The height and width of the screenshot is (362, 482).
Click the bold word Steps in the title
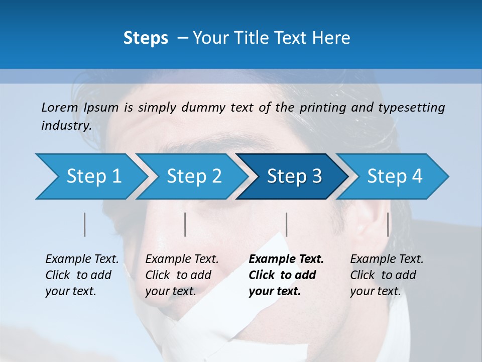(x=146, y=38)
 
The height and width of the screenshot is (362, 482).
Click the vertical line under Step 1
(x=85, y=224)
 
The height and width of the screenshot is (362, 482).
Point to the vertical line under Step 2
(x=185, y=224)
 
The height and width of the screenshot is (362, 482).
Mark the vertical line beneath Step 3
(x=286, y=224)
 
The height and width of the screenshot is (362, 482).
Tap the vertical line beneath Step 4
(x=388, y=224)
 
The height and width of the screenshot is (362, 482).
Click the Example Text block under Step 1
(x=82, y=275)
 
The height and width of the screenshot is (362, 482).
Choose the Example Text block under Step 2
(x=182, y=275)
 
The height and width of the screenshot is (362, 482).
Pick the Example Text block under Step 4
(x=387, y=275)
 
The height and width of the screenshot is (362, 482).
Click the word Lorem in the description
(x=60, y=107)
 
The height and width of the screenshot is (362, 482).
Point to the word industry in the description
(x=66, y=125)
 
